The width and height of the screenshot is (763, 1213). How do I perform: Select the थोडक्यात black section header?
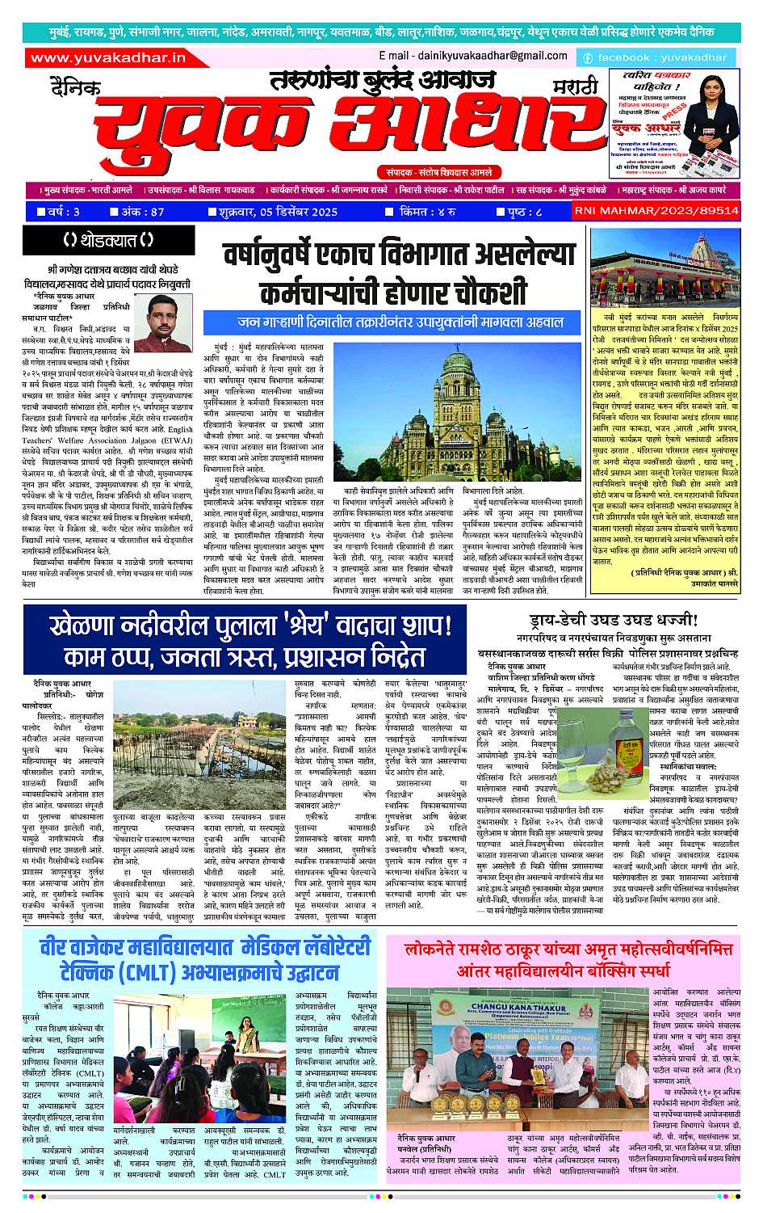pyautogui.click(x=109, y=240)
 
